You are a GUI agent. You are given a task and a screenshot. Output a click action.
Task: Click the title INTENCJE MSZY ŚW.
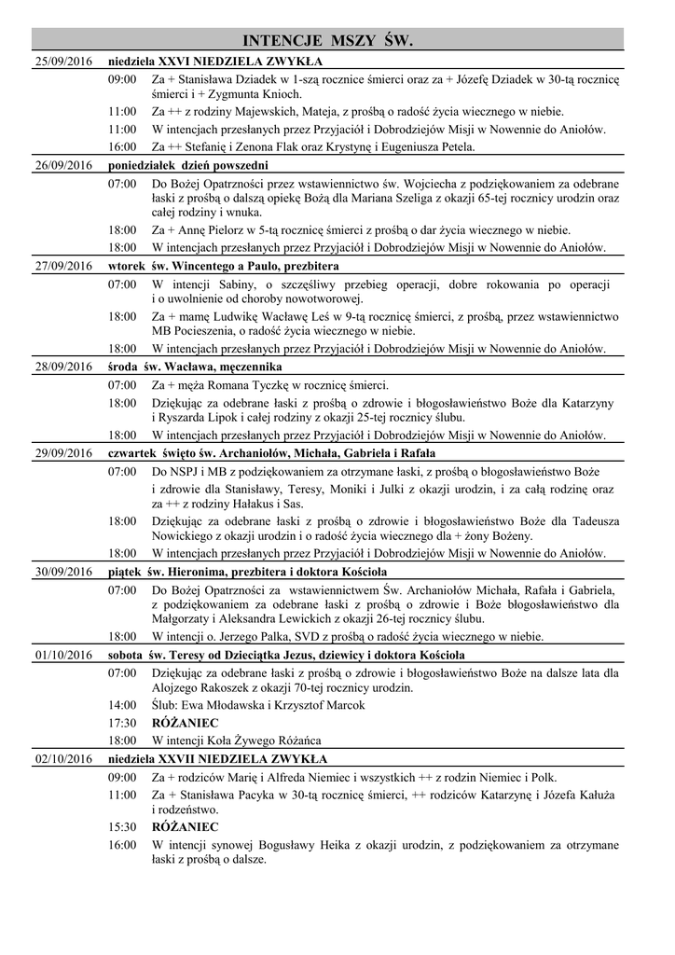(x=327, y=41)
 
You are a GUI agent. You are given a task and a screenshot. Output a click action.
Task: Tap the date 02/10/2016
(x=60, y=758)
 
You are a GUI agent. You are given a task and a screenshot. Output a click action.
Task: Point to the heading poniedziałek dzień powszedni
(x=175, y=165)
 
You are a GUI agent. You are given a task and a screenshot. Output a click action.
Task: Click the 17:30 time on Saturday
(x=122, y=723)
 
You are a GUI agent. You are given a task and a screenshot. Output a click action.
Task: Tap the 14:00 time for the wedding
(x=122, y=705)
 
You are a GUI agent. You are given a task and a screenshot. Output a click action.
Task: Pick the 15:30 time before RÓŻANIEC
(x=122, y=826)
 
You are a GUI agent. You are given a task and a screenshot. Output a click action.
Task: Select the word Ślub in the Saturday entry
(x=164, y=705)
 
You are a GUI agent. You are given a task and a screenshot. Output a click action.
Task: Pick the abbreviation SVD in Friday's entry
(x=310, y=637)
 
